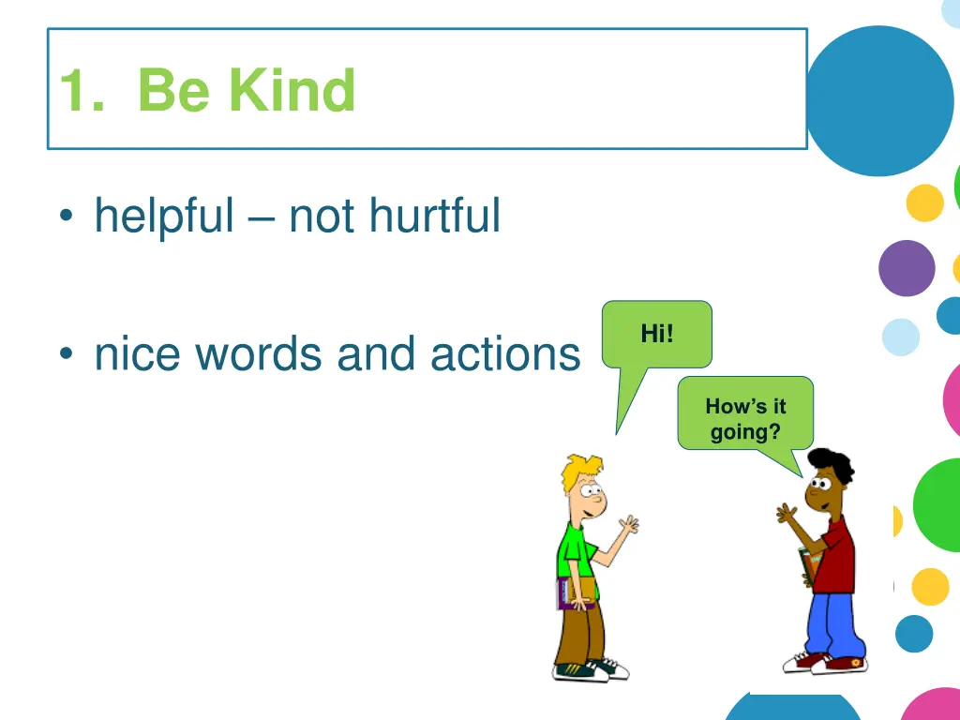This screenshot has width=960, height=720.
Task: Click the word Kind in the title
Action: coord(292,91)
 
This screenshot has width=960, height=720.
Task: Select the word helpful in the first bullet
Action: coord(164,217)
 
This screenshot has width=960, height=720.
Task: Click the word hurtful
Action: coord(434,217)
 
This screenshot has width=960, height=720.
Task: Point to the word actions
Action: coord(505,354)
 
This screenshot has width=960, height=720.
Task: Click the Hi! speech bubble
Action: coord(656,334)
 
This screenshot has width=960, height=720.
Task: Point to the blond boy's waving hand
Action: coord(627,525)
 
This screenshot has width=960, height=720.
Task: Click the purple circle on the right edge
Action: coord(907,268)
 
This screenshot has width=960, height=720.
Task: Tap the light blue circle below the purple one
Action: coord(901,337)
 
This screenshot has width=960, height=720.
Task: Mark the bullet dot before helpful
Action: coord(66,218)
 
